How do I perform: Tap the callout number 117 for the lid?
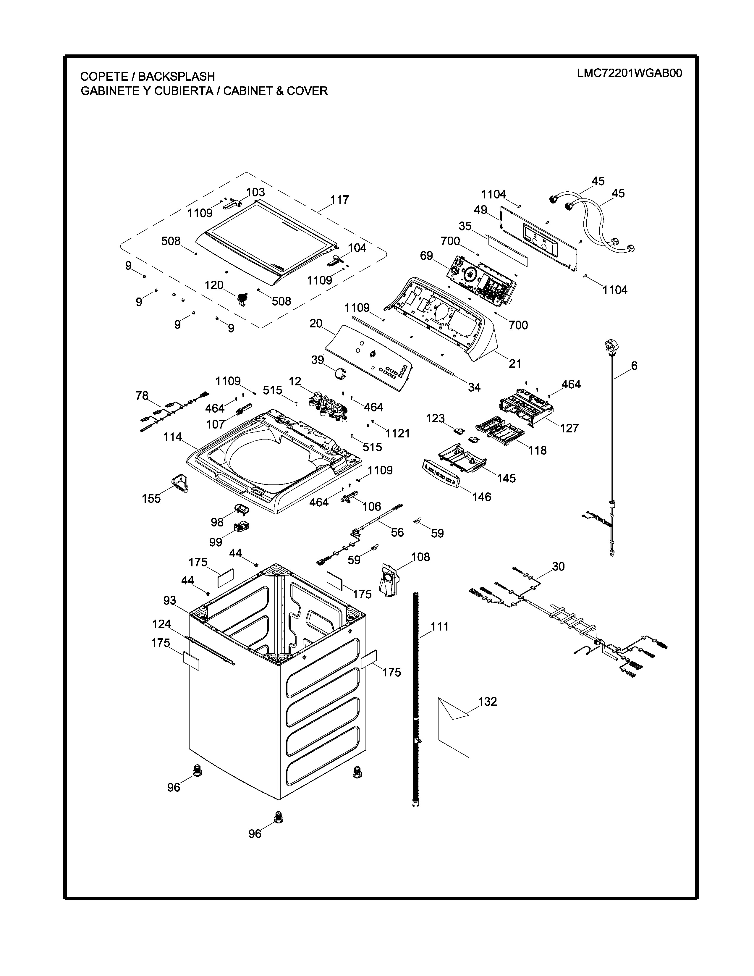click(339, 200)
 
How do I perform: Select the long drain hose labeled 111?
click(415, 697)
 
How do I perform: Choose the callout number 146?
click(481, 497)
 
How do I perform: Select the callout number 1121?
click(397, 433)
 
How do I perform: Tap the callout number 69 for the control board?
click(427, 256)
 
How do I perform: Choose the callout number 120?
click(214, 285)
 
